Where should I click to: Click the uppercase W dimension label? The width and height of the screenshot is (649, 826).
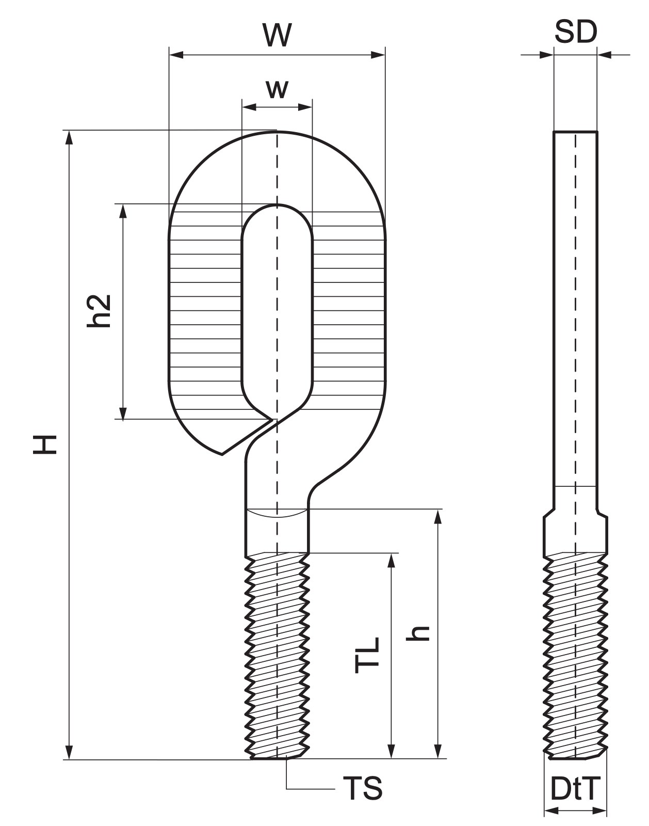[x=277, y=35]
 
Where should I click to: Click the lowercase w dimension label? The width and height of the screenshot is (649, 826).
[x=277, y=89]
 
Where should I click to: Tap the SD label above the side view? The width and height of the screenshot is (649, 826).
[x=576, y=32]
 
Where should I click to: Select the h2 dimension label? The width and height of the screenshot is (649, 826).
[x=99, y=311]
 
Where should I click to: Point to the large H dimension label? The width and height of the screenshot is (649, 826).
[x=45, y=445]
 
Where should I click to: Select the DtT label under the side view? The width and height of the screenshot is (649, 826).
[x=575, y=788]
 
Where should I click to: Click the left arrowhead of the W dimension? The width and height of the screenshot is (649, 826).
[x=176, y=55]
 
